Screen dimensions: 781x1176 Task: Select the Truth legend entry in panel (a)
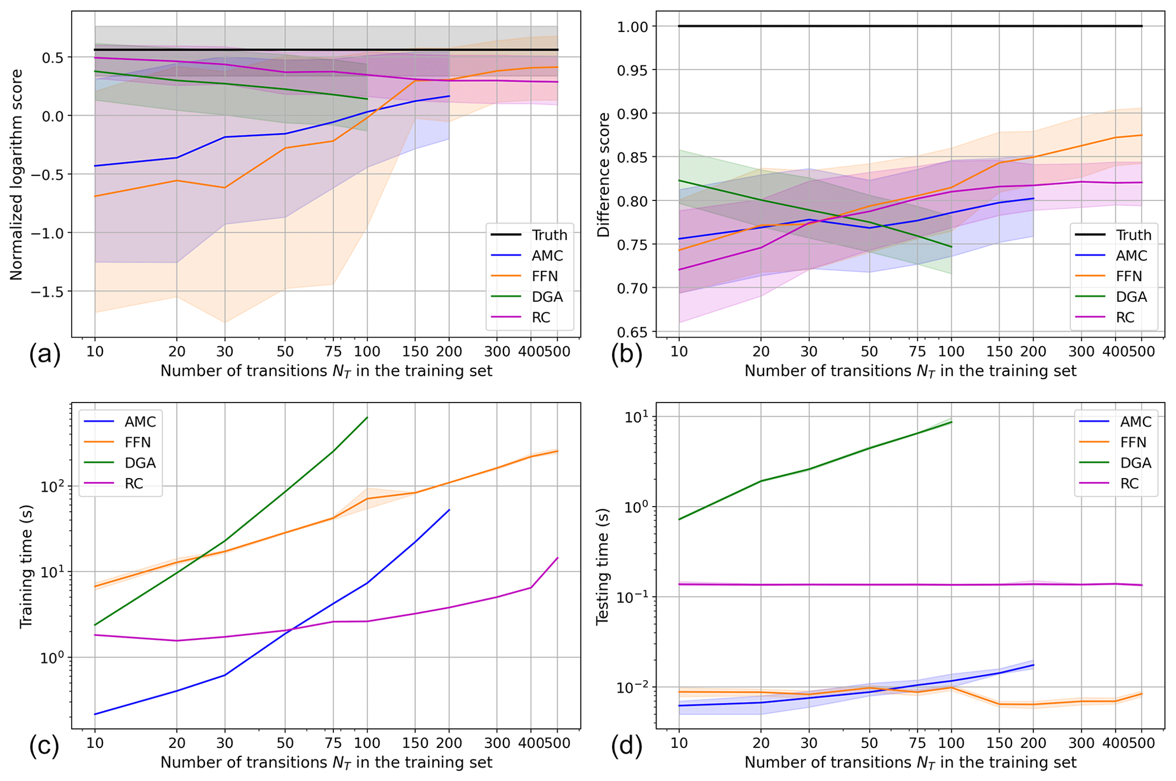tap(529, 235)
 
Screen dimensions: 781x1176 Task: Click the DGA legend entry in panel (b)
tap(1113, 297)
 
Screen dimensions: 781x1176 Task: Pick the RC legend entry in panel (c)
tap(120, 484)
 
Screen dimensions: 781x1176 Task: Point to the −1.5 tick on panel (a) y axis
tap(47, 291)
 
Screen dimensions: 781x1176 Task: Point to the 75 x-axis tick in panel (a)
tap(333, 351)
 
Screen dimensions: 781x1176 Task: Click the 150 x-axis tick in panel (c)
tap(415, 743)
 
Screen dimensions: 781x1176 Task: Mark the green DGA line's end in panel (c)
tap(368, 417)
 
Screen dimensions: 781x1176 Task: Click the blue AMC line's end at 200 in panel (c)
tap(449, 510)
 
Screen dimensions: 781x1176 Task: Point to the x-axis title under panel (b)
tap(910, 371)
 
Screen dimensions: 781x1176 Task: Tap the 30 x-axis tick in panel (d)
tap(808, 743)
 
